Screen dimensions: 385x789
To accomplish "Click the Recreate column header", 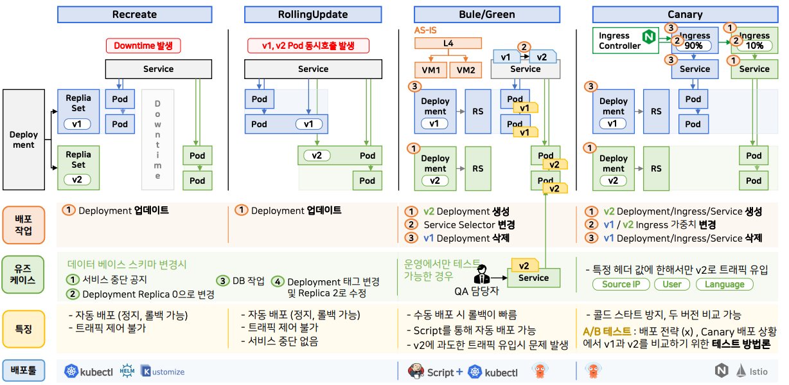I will [x=134, y=14].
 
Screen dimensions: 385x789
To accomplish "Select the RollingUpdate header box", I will [x=313, y=14].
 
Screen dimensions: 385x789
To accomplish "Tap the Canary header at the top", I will [x=685, y=14].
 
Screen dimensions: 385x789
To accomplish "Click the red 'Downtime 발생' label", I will [x=143, y=46].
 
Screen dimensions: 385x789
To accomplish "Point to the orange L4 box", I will [x=448, y=44].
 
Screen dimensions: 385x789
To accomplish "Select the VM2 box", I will [x=466, y=69].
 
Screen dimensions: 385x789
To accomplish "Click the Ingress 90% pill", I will [x=695, y=46].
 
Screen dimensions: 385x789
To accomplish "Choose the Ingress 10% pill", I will [x=754, y=46].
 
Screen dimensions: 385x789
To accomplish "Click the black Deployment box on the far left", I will [x=24, y=139].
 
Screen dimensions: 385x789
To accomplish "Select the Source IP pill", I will [x=621, y=284].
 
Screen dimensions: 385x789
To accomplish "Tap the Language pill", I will [x=724, y=284].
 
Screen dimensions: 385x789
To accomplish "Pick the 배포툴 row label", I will [x=24, y=370].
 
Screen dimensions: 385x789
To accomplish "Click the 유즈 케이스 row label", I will [x=24, y=275].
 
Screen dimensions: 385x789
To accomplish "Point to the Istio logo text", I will [x=759, y=371].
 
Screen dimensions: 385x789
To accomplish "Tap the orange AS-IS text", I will [x=426, y=30].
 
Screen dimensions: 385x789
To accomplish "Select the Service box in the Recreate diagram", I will [x=158, y=69].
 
